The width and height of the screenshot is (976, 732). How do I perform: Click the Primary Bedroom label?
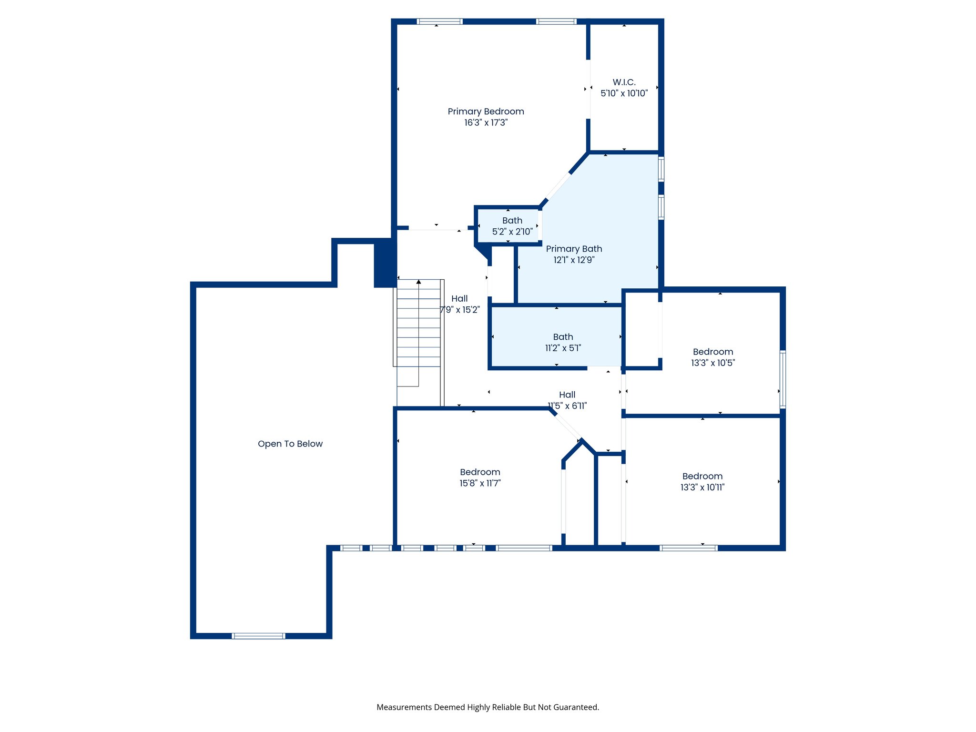coord(486,112)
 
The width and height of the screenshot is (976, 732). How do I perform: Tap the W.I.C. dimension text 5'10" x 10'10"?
coord(624,93)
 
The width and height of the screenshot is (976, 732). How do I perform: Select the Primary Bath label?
coord(574,249)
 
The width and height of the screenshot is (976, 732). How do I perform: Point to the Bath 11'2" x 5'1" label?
coord(563,342)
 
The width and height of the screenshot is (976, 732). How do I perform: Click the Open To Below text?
coord(290,444)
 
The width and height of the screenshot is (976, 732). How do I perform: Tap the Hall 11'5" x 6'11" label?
coord(567,400)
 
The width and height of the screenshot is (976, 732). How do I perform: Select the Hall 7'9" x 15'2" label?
coord(459,304)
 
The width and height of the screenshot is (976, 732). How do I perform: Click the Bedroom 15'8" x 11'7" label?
coord(480,477)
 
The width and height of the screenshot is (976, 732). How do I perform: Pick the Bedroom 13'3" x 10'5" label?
coord(713,357)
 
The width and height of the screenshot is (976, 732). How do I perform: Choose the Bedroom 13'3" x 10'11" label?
coord(702,481)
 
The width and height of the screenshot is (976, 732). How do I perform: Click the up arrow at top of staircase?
coord(418,282)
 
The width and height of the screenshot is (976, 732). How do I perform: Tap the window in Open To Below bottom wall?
coord(258,636)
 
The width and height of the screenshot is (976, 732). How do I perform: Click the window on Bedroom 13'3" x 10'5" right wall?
coord(783,379)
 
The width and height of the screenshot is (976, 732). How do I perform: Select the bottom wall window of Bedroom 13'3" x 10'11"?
coord(689,548)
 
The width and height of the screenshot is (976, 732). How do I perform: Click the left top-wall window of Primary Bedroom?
coord(439,21)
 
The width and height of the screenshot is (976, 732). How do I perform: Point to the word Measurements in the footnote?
coord(404,707)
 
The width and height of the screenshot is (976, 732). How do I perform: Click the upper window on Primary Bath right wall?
coord(661,169)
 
